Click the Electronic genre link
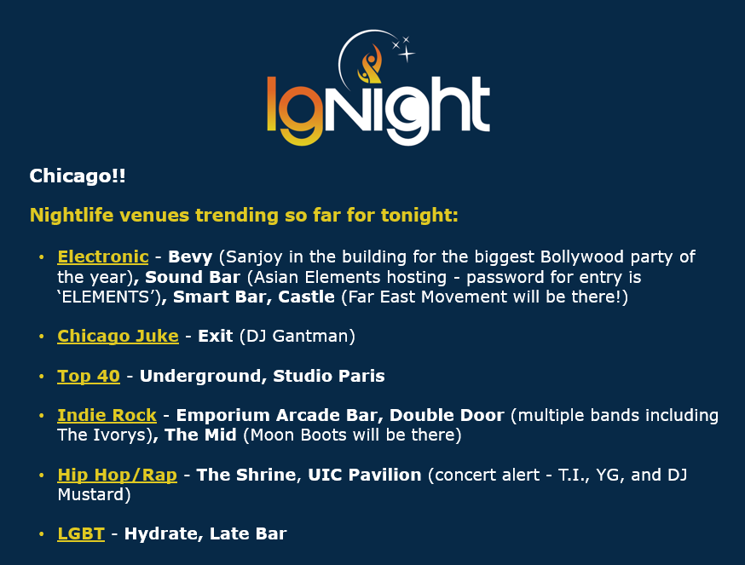point(102,257)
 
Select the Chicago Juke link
point(118,336)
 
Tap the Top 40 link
point(89,376)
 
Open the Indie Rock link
point(107,415)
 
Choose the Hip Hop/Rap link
point(117,475)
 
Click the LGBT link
point(81,533)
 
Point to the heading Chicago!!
point(78,176)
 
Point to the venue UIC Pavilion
point(365,475)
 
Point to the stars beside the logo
point(404,49)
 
